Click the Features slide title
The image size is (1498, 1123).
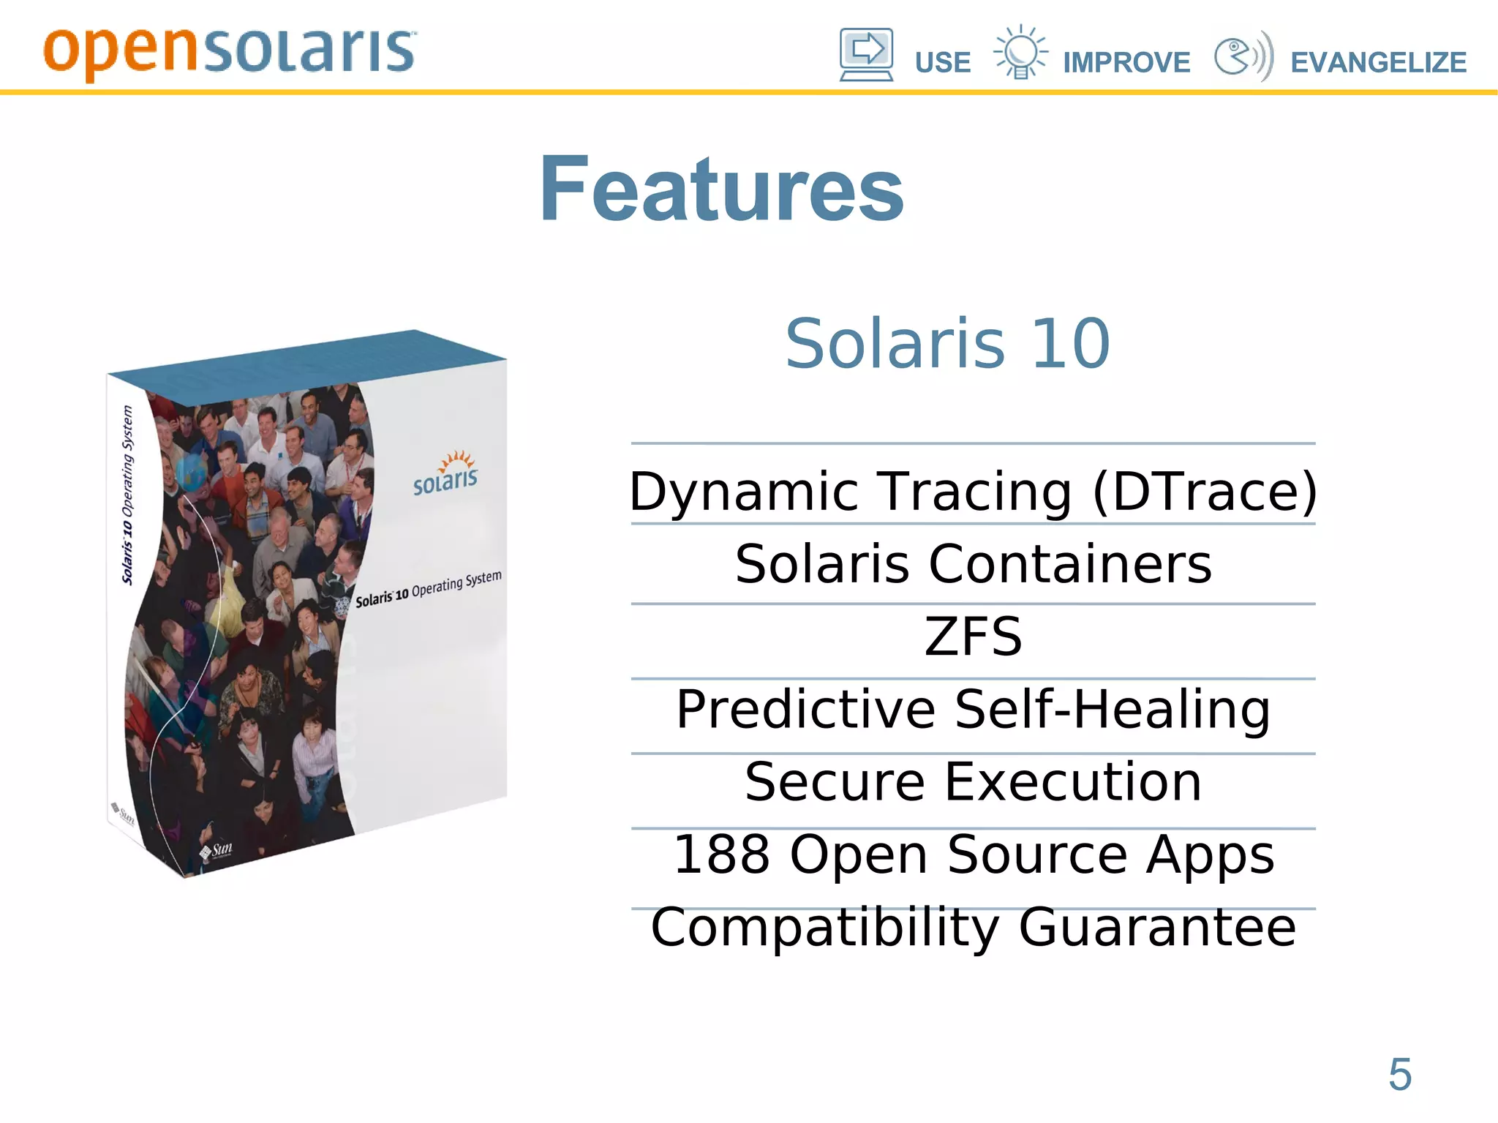click(721, 190)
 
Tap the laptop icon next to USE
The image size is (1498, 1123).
click(866, 55)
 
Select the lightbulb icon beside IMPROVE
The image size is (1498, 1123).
click(1020, 53)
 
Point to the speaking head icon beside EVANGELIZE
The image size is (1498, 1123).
click(1243, 56)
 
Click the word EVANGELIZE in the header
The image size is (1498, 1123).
click(1378, 63)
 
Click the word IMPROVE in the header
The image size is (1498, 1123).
click(1126, 63)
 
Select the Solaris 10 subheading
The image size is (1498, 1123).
click(947, 343)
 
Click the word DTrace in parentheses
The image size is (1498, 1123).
click(1205, 492)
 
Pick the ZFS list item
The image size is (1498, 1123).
click(973, 636)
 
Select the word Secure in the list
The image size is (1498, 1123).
click(835, 782)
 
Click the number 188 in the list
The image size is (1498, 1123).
click(721, 855)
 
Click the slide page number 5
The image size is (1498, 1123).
click(1399, 1075)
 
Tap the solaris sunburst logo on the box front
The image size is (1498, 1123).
click(445, 473)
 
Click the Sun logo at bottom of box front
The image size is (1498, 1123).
click(217, 850)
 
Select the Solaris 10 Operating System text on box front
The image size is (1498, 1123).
click(428, 588)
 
